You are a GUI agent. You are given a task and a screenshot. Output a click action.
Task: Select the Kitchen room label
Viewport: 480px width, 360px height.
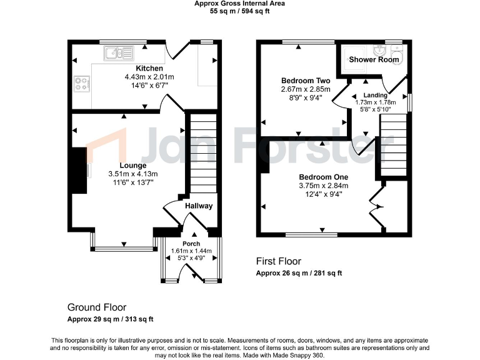tap(149, 68)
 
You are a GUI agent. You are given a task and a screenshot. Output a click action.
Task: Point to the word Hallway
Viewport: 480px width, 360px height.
tap(199, 206)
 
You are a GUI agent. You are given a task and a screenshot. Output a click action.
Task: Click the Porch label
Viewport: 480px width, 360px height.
tap(191, 244)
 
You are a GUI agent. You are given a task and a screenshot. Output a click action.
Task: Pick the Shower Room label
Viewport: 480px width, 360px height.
tap(374, 59)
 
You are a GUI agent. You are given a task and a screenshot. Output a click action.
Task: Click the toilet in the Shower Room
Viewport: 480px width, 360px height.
tap(396, 52)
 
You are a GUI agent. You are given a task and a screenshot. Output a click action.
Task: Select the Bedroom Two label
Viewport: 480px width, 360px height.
tap(306, 81)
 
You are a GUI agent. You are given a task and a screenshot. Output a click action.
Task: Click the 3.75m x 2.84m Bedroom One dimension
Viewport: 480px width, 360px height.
tap(323, 185)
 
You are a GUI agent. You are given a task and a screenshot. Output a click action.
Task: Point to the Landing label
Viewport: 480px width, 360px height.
tap(376, 95)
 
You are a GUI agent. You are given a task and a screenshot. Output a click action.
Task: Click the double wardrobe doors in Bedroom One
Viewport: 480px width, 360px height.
tap(377, 206)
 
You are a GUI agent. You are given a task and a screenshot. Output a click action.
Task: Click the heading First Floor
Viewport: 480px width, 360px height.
tap(279, 261)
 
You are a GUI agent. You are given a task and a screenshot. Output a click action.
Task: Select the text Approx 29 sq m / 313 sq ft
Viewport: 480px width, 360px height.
tap(111, 319)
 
